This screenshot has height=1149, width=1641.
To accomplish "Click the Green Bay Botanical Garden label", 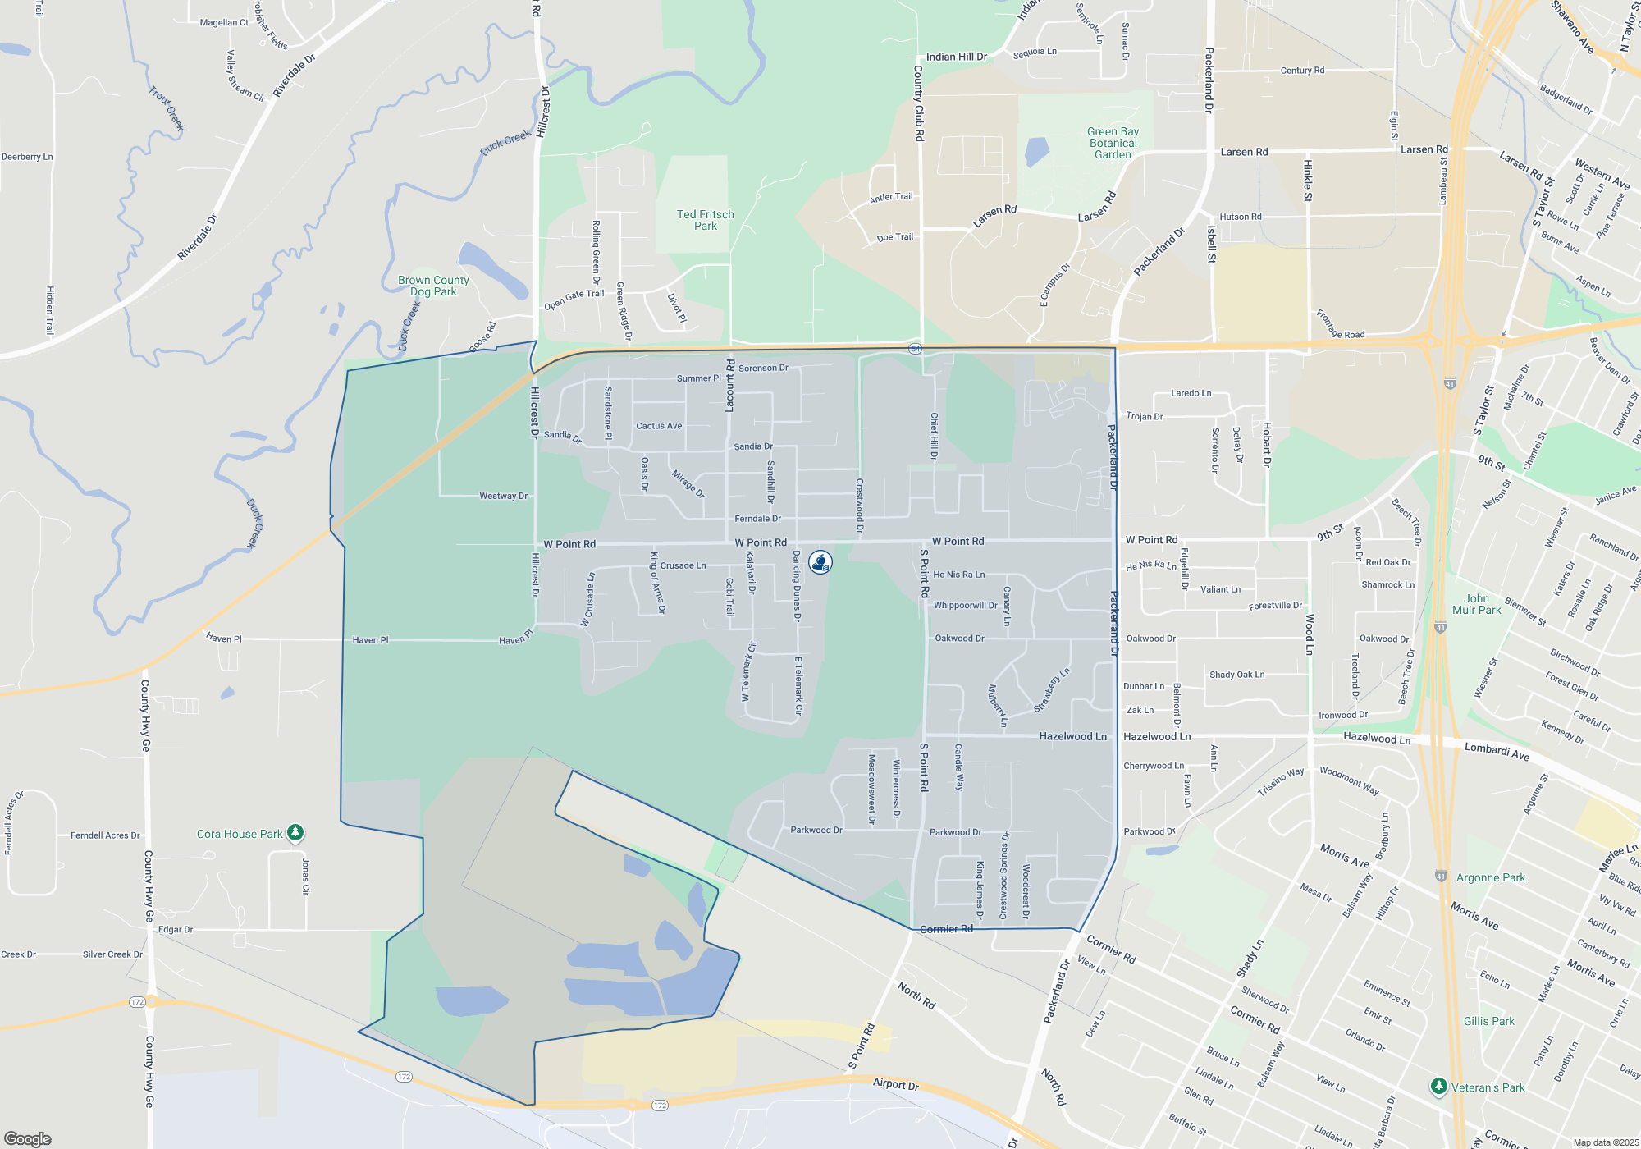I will pyautogui.click(x=1113, y=143).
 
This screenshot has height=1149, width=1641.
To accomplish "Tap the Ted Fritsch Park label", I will pyautogui.click(x=706, y=220).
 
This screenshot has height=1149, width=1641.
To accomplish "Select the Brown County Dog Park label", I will pyautogui.click(x=433, y=286).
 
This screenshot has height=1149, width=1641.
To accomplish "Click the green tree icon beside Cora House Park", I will pyautogui.click(x=295, y=833).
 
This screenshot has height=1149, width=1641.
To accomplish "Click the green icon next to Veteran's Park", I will pyautogui.click(x=1438, y=1087).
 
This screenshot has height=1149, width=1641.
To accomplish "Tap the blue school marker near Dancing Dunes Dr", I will pyautogui.click(x=820, y=561).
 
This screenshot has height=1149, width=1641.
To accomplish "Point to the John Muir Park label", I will pyautogui.click(x=1476, y=604).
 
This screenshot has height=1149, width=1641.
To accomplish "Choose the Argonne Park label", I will pyautogui.click(x=1490, y=877).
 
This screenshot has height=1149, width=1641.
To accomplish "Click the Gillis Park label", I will pyautogui.click(x=1489, y=1021).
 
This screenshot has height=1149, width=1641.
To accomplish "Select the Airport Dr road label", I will pyautogui.click(x=895, y=1084).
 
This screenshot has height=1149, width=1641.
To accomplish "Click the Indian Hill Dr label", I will pyautogui.click(x=956, y=57).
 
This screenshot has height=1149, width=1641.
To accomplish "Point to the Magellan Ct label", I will pyautogui.click(x=224, y=23).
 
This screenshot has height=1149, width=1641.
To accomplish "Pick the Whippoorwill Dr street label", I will pyautogui.click(x=965, y=605).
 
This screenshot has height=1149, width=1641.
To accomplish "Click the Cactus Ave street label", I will pyautogui.click(x=659, y=426).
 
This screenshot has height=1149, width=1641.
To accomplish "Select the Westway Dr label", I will pyautogui.click(x=503, y=496).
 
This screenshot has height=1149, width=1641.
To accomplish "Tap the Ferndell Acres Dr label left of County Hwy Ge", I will pyautogui.click(x=105, y=835).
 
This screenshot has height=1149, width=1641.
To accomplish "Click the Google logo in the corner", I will pyautogui.click(x=28, y=1139).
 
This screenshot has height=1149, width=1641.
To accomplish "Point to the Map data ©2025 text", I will pyautogui.click(x=1606, y=1142).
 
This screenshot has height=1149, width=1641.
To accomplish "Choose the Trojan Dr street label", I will pyautogui.click(x=1145, y=416).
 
